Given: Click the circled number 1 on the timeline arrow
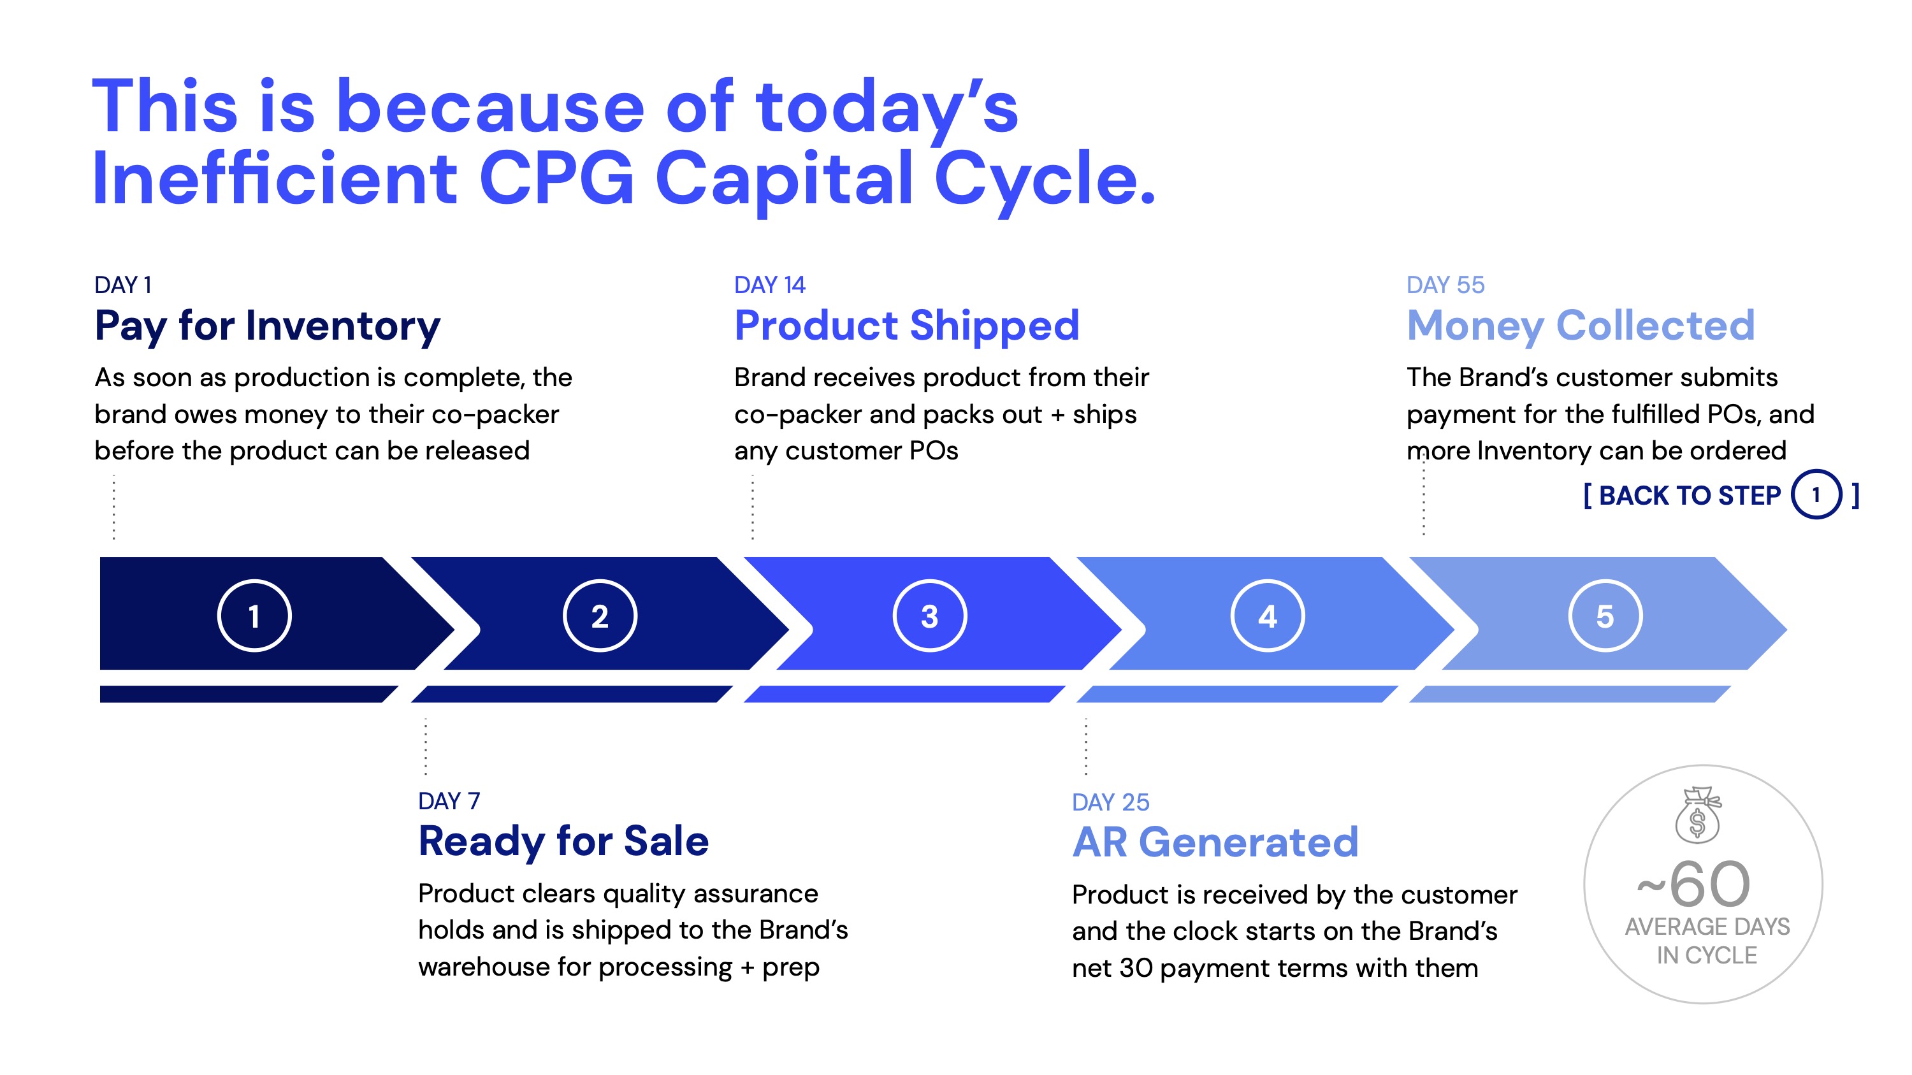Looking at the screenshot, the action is (254, 616).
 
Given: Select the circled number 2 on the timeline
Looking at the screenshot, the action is (600, 616).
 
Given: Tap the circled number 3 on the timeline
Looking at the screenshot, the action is (929, 616).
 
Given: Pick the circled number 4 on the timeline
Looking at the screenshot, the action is (1267, 616).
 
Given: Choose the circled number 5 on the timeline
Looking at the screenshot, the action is (1605, 616).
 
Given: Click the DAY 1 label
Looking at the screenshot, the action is (123, 285).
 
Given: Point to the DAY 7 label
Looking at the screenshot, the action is (449, 801).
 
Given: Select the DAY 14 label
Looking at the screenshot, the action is (770, 285).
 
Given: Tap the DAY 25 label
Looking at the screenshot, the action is (1110, 802).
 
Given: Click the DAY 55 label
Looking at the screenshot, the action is (1445, 285).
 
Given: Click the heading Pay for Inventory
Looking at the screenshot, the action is (267, 326).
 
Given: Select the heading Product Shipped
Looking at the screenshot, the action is (907, 326).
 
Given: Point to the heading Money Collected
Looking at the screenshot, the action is (1581, 326).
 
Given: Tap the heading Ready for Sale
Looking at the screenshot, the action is (563, 842).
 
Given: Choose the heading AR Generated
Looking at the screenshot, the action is (1215, 843).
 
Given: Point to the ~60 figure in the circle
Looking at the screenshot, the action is (1694, 884).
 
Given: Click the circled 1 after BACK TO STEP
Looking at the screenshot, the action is (1816, 495).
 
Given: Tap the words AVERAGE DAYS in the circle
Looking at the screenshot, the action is (1707, 927).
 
